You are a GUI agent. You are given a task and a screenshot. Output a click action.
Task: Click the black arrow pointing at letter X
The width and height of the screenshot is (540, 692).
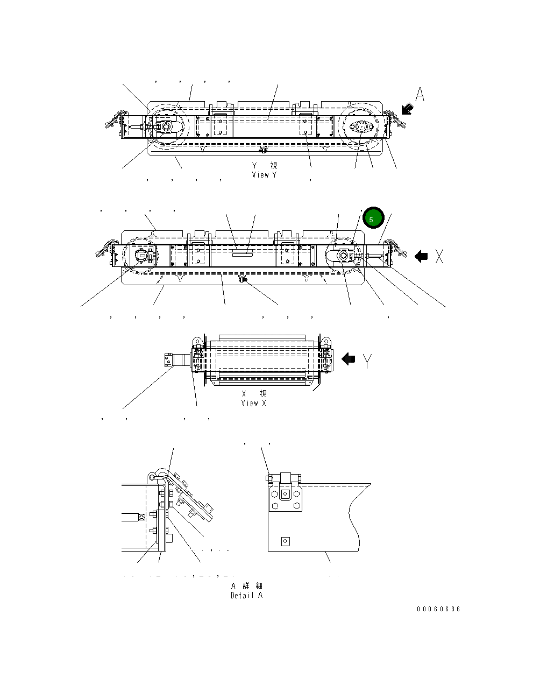(x=422, y=257)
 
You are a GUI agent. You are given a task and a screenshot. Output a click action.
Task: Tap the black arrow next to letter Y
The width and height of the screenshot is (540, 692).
(x=349, y=359)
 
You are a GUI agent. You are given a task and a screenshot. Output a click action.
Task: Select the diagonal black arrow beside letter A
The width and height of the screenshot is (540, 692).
(x=407, y=109)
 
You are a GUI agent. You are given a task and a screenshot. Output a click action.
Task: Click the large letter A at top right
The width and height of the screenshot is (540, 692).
(x=420, y=95)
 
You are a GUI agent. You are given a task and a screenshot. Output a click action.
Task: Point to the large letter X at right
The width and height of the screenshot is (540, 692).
(x=439, y=257)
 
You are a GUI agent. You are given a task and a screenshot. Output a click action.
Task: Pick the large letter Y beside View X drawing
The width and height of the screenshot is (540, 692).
(x=367, y=361)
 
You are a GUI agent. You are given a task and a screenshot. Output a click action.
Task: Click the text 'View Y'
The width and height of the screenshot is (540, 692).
(x=264, y=175)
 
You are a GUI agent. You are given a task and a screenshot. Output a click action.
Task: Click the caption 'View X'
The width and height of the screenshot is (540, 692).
(x=253, y=403)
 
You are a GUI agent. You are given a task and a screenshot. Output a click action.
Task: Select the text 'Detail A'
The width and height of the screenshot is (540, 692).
(x=246, y=595)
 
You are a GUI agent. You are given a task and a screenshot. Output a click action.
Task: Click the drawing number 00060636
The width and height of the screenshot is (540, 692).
(x=438, y=609)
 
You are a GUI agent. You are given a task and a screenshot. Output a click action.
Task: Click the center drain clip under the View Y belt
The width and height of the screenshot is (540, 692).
(x=262, y=149)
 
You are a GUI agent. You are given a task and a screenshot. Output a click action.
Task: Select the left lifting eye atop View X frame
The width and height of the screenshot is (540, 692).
(x=196, y=341)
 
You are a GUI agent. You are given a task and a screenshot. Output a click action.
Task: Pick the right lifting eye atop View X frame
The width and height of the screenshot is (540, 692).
(x=325, y=341)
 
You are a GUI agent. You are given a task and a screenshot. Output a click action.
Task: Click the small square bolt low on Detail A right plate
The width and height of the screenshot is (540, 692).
(x=286, y=541)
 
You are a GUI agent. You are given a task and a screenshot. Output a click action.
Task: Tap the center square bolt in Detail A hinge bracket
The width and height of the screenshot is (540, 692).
(x=285, y=493)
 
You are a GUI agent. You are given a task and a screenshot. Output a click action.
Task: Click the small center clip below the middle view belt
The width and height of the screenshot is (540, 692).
(x=242, y=279)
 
